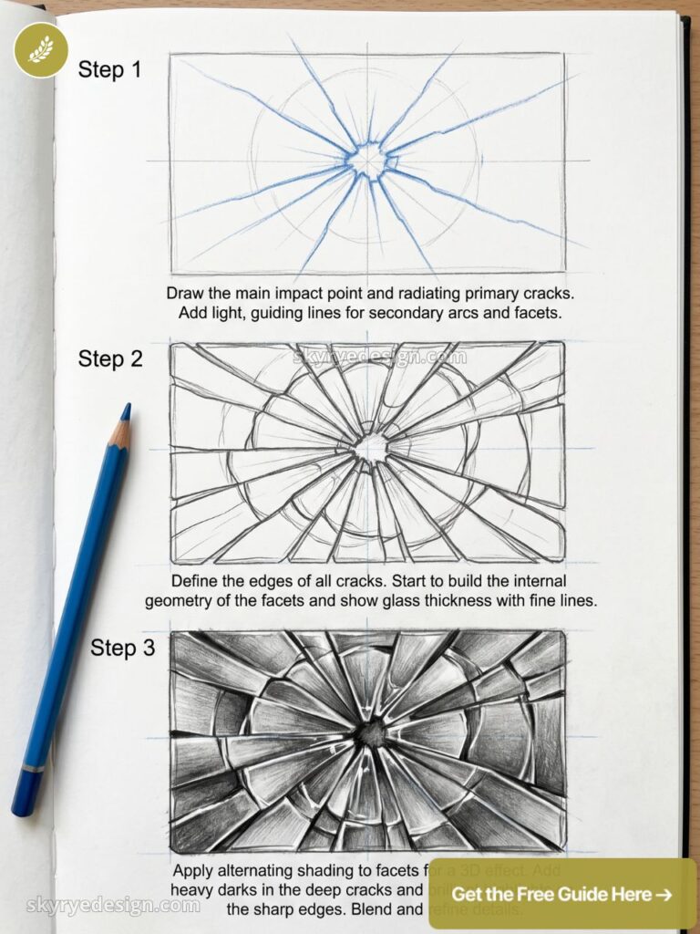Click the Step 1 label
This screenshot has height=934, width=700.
(109, 69)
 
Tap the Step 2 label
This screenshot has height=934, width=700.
(110, 358)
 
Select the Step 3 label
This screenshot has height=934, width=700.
(123, 648)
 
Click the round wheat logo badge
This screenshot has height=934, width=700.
(41, 49)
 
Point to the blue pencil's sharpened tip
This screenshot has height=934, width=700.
(126, 410)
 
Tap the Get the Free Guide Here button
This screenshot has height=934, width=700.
(561, 894)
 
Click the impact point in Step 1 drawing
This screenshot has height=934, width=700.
(368, 161)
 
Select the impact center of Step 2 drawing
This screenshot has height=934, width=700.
(371, 448)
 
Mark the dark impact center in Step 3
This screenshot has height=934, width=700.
(371, 732)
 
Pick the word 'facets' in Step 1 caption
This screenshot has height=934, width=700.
(540, 313)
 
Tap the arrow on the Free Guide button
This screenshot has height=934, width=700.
(664, 894)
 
